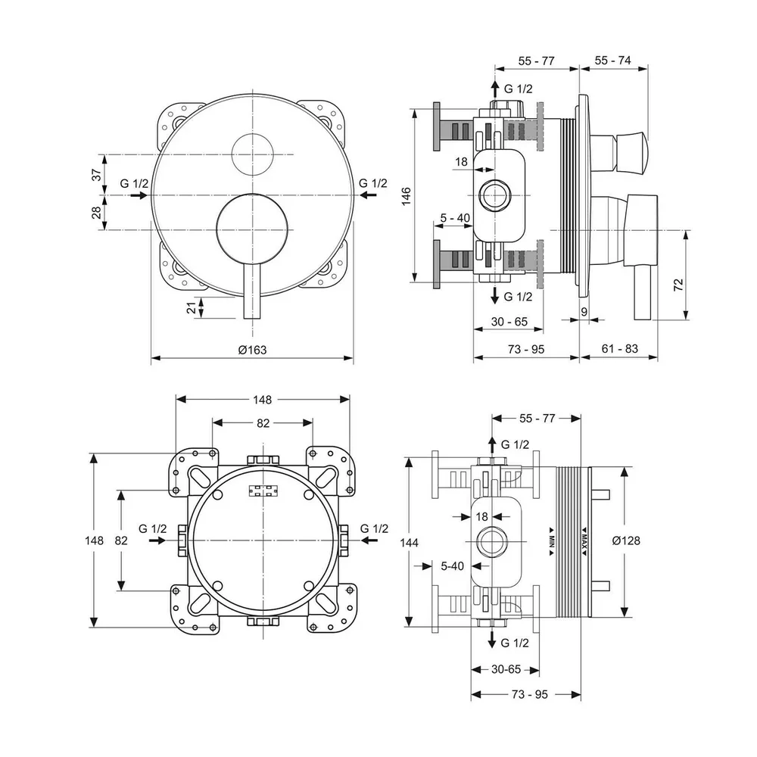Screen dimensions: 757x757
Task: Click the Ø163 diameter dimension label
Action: pyautogui.click(x=252, y=349)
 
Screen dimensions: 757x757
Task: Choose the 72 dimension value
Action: pyautogui.click(x=678, y=285)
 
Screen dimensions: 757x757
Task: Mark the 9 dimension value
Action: pyautogui.click(x=584, y=310)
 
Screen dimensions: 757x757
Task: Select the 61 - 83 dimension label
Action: pyautogui.click(x=618, y=349)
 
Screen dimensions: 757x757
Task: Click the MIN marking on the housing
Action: pyautogui.click(x=553, y=540)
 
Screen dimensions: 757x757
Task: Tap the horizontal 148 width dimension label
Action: pyautogui.click(x=263, y=399)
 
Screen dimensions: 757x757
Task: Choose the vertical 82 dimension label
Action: pyautogui.click(x=120, y=540)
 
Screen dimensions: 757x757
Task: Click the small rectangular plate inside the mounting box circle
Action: pyautogui.click(x=263, y=491)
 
